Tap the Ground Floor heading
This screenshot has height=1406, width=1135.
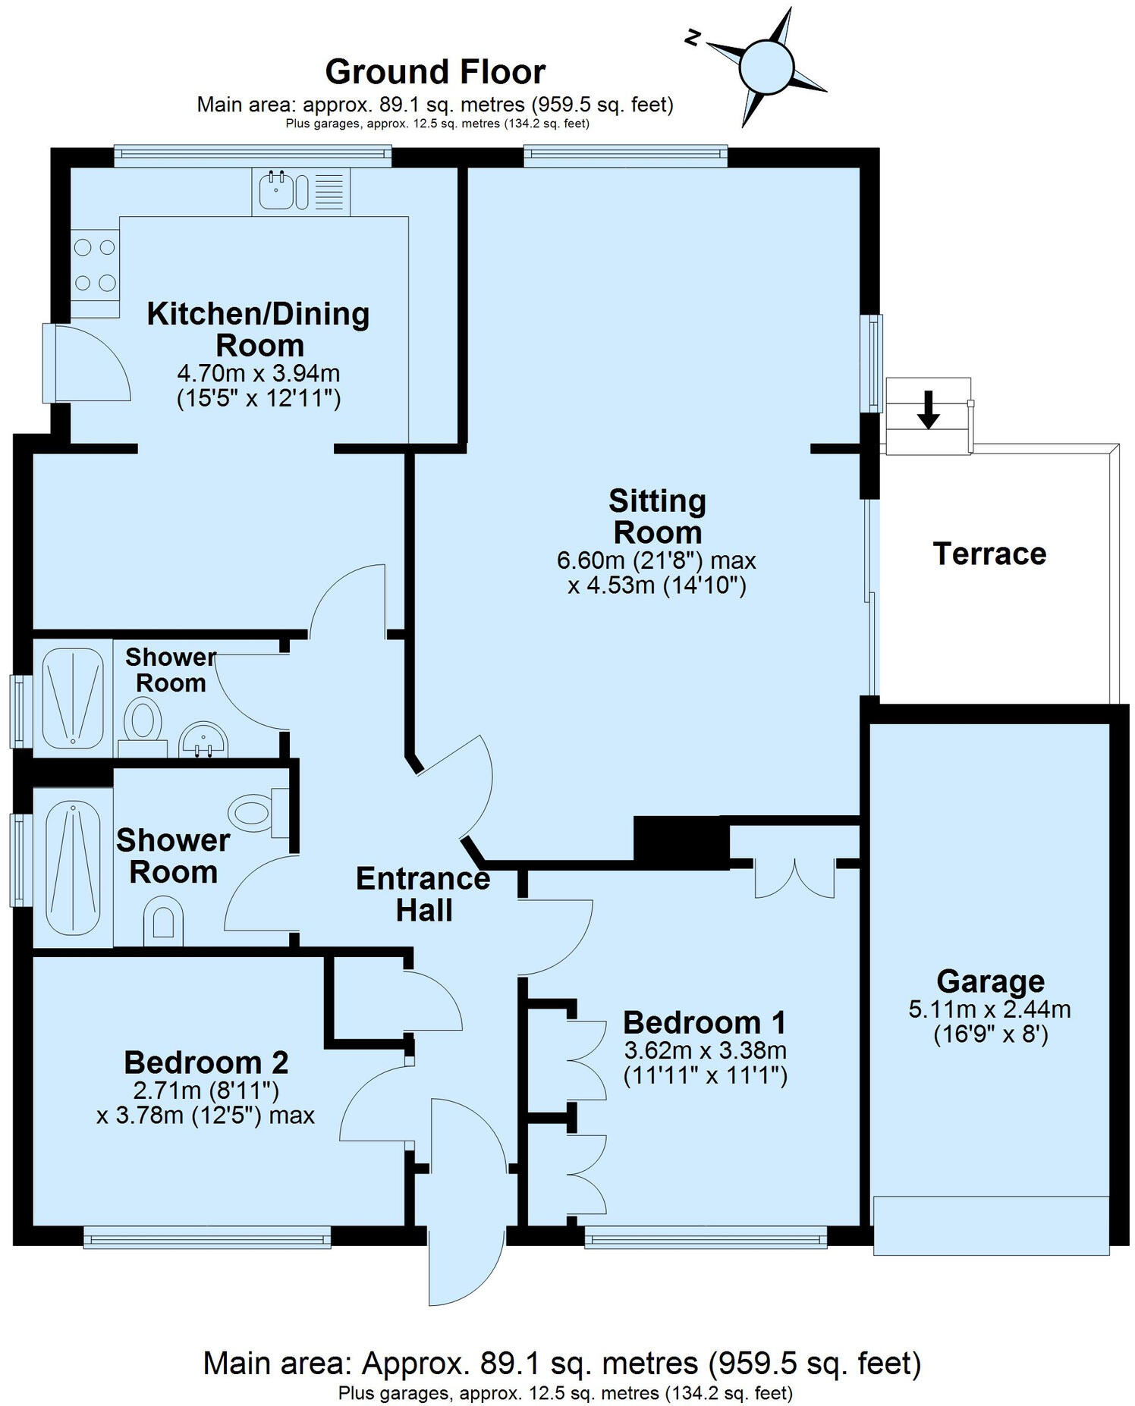point(435,73)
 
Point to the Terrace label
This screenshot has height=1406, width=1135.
point(989,554)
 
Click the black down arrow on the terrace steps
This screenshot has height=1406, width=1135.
point(928,410)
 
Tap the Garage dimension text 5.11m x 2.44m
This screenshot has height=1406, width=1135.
point(989,1009)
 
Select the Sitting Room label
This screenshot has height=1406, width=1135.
point(657,516)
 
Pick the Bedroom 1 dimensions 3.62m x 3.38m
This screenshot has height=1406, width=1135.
point(705,1051)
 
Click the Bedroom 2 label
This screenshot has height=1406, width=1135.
point(206,1062)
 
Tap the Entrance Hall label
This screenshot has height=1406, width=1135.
point(423,894)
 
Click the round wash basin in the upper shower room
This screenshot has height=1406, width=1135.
point(203,739)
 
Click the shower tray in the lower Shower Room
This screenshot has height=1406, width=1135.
point(74,871)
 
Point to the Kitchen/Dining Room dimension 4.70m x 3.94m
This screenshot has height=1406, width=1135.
point(258,374)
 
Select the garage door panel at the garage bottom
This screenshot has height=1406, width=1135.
point(990,1226)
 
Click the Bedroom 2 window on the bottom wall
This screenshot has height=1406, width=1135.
point(207,1238)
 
